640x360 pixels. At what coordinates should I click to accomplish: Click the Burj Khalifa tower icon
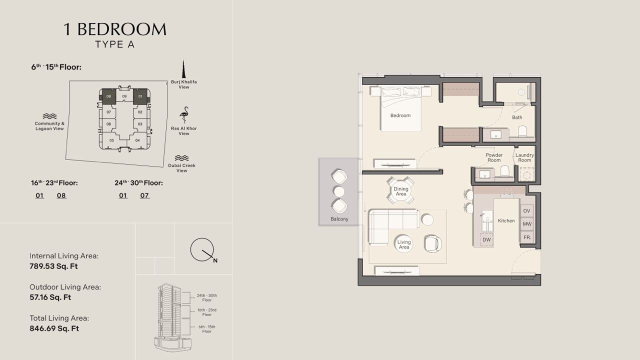(x=183, y=69)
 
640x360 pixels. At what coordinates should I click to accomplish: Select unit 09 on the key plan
(x=124, y=96)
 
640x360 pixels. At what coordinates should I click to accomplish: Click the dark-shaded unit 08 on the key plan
(x=108, y=96)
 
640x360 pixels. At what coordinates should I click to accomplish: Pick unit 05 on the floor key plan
(x=111, y=140)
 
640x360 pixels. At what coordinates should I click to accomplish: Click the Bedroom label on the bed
(x=400, y=115)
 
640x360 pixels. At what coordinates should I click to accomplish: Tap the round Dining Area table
(x=400, y=191)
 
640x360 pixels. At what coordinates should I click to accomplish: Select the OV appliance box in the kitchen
(x=526, y=211)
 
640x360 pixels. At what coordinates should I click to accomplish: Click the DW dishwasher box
(x=486, y=239)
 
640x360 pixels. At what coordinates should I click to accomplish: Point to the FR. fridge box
(x=527, y=237)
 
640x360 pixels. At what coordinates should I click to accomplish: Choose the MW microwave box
(x=527, y=224)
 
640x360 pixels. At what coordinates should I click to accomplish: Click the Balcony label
(x=339, y=219)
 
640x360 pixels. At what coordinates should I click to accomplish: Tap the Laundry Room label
(x=524, y=157)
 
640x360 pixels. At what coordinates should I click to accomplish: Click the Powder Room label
(x=494, y=157)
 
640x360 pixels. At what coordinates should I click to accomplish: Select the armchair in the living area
(x=433, y=243)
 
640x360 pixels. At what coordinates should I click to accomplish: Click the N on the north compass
(x=215, y=260)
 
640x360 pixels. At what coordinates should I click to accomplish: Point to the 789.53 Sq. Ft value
(x=53, y=266)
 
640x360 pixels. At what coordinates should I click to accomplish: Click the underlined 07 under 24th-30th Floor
(x=144, y=195)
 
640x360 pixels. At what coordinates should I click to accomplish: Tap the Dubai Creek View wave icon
(x=181, y=158)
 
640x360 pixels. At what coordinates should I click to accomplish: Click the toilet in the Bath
(x=522, y=131)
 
